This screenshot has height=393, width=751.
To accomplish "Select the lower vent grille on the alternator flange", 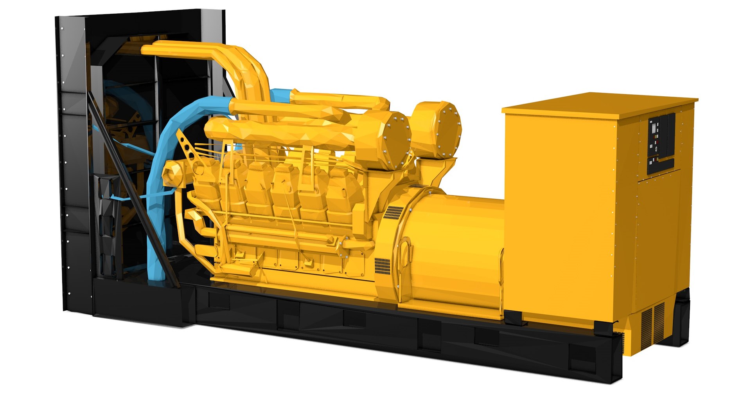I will (x=382, y=266).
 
